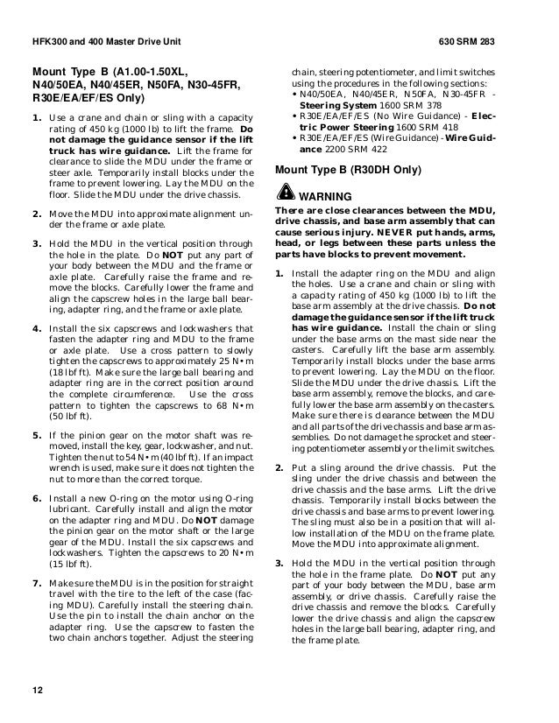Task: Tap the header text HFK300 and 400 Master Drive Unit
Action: (103, 41)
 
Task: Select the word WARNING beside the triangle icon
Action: (327, 195)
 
